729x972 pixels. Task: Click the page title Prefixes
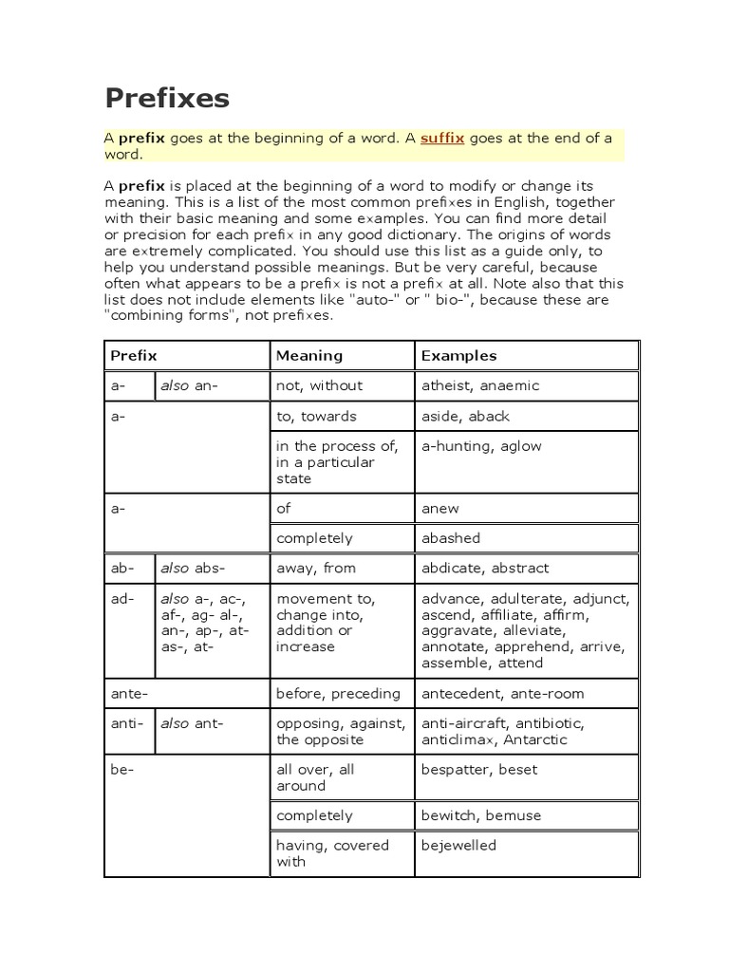coord(166,100)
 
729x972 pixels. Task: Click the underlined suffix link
coord(442,138)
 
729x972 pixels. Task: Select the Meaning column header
coord(308,356)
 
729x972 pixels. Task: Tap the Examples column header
coord(458,356)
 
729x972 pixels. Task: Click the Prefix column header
coord(134,356)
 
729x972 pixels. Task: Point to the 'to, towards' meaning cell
coord(315,416)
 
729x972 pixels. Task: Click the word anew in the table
coord(439,508)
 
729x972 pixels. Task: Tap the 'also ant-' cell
coord(191,723)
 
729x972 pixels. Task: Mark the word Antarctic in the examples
coord(536,739)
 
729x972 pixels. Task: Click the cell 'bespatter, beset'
coord(478,770)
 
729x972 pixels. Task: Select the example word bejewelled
coord(458,845)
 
